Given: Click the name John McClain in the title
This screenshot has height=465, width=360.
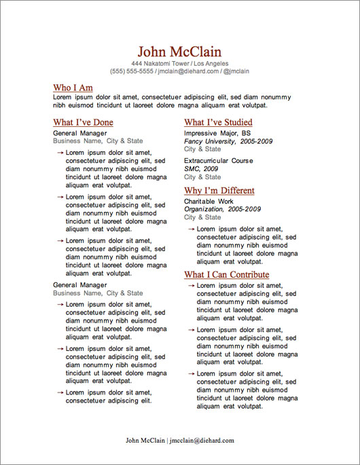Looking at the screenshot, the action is pyautogui.click(x=179, y=52).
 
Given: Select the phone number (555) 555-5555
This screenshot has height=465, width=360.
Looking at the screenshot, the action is pyautogui.click(x=131, y=71).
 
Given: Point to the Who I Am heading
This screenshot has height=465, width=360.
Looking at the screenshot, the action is pyautogui.click(x=73, y=88).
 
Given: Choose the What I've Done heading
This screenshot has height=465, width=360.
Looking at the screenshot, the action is pyautogui.click(x=83, y=123).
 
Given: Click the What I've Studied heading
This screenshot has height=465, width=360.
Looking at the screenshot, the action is pyautogui.click(x=218, y=123).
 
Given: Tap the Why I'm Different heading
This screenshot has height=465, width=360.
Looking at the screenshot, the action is pyautogui.click(x=219, y=191).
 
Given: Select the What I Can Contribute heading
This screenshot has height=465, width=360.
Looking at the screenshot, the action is pyautogui.click(x=226, y=275).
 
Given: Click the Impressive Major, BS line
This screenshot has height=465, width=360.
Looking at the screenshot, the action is pyautogui.click(x=217, y=134).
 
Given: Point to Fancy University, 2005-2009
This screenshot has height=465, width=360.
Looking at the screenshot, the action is pyautogui.click(x=228, y=141).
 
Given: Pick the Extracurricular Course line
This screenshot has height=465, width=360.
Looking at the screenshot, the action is pyautogui.click(x=218, y=161).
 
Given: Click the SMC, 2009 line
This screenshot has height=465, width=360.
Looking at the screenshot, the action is pyautogui.click(x=201, y=168).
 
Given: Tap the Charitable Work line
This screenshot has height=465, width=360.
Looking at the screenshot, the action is pyautogui.click(x=209, y=202).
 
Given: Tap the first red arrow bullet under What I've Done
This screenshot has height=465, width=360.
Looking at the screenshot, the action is pyautogui.click(x=60, y=153).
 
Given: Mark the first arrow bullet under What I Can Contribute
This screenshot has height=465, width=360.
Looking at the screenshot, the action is pyautogui.click(x=191, y=285).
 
